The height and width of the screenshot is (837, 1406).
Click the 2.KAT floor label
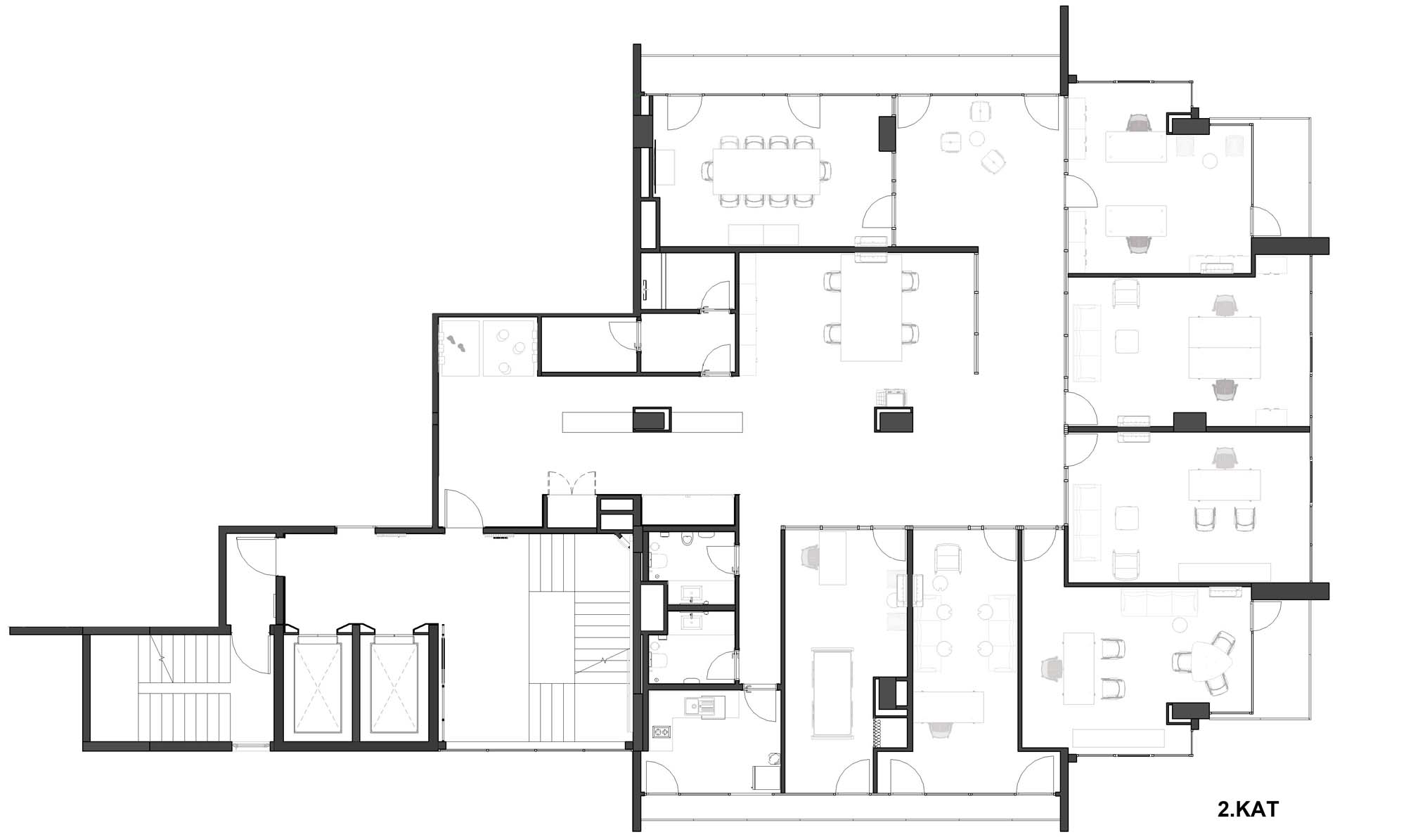click(x=1248, y=809)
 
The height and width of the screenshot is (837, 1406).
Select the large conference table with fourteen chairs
click(x=766, y=171)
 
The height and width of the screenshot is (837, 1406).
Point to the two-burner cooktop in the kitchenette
click(x=662, y=732)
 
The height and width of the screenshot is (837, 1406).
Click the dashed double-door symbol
click(x=572, y=484)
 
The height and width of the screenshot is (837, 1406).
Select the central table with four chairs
click(x=871, y=308)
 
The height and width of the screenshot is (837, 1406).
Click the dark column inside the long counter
click(x=652, y=420)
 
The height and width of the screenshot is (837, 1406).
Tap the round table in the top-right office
click(x=1210, y=161)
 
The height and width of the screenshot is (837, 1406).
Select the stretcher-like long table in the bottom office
click(x=833, y=692)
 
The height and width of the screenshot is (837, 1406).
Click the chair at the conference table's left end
click(x=708, y=171)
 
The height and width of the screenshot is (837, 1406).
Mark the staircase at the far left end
click(x=184, y=687)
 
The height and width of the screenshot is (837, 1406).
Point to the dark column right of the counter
click(x=894, y=420)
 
